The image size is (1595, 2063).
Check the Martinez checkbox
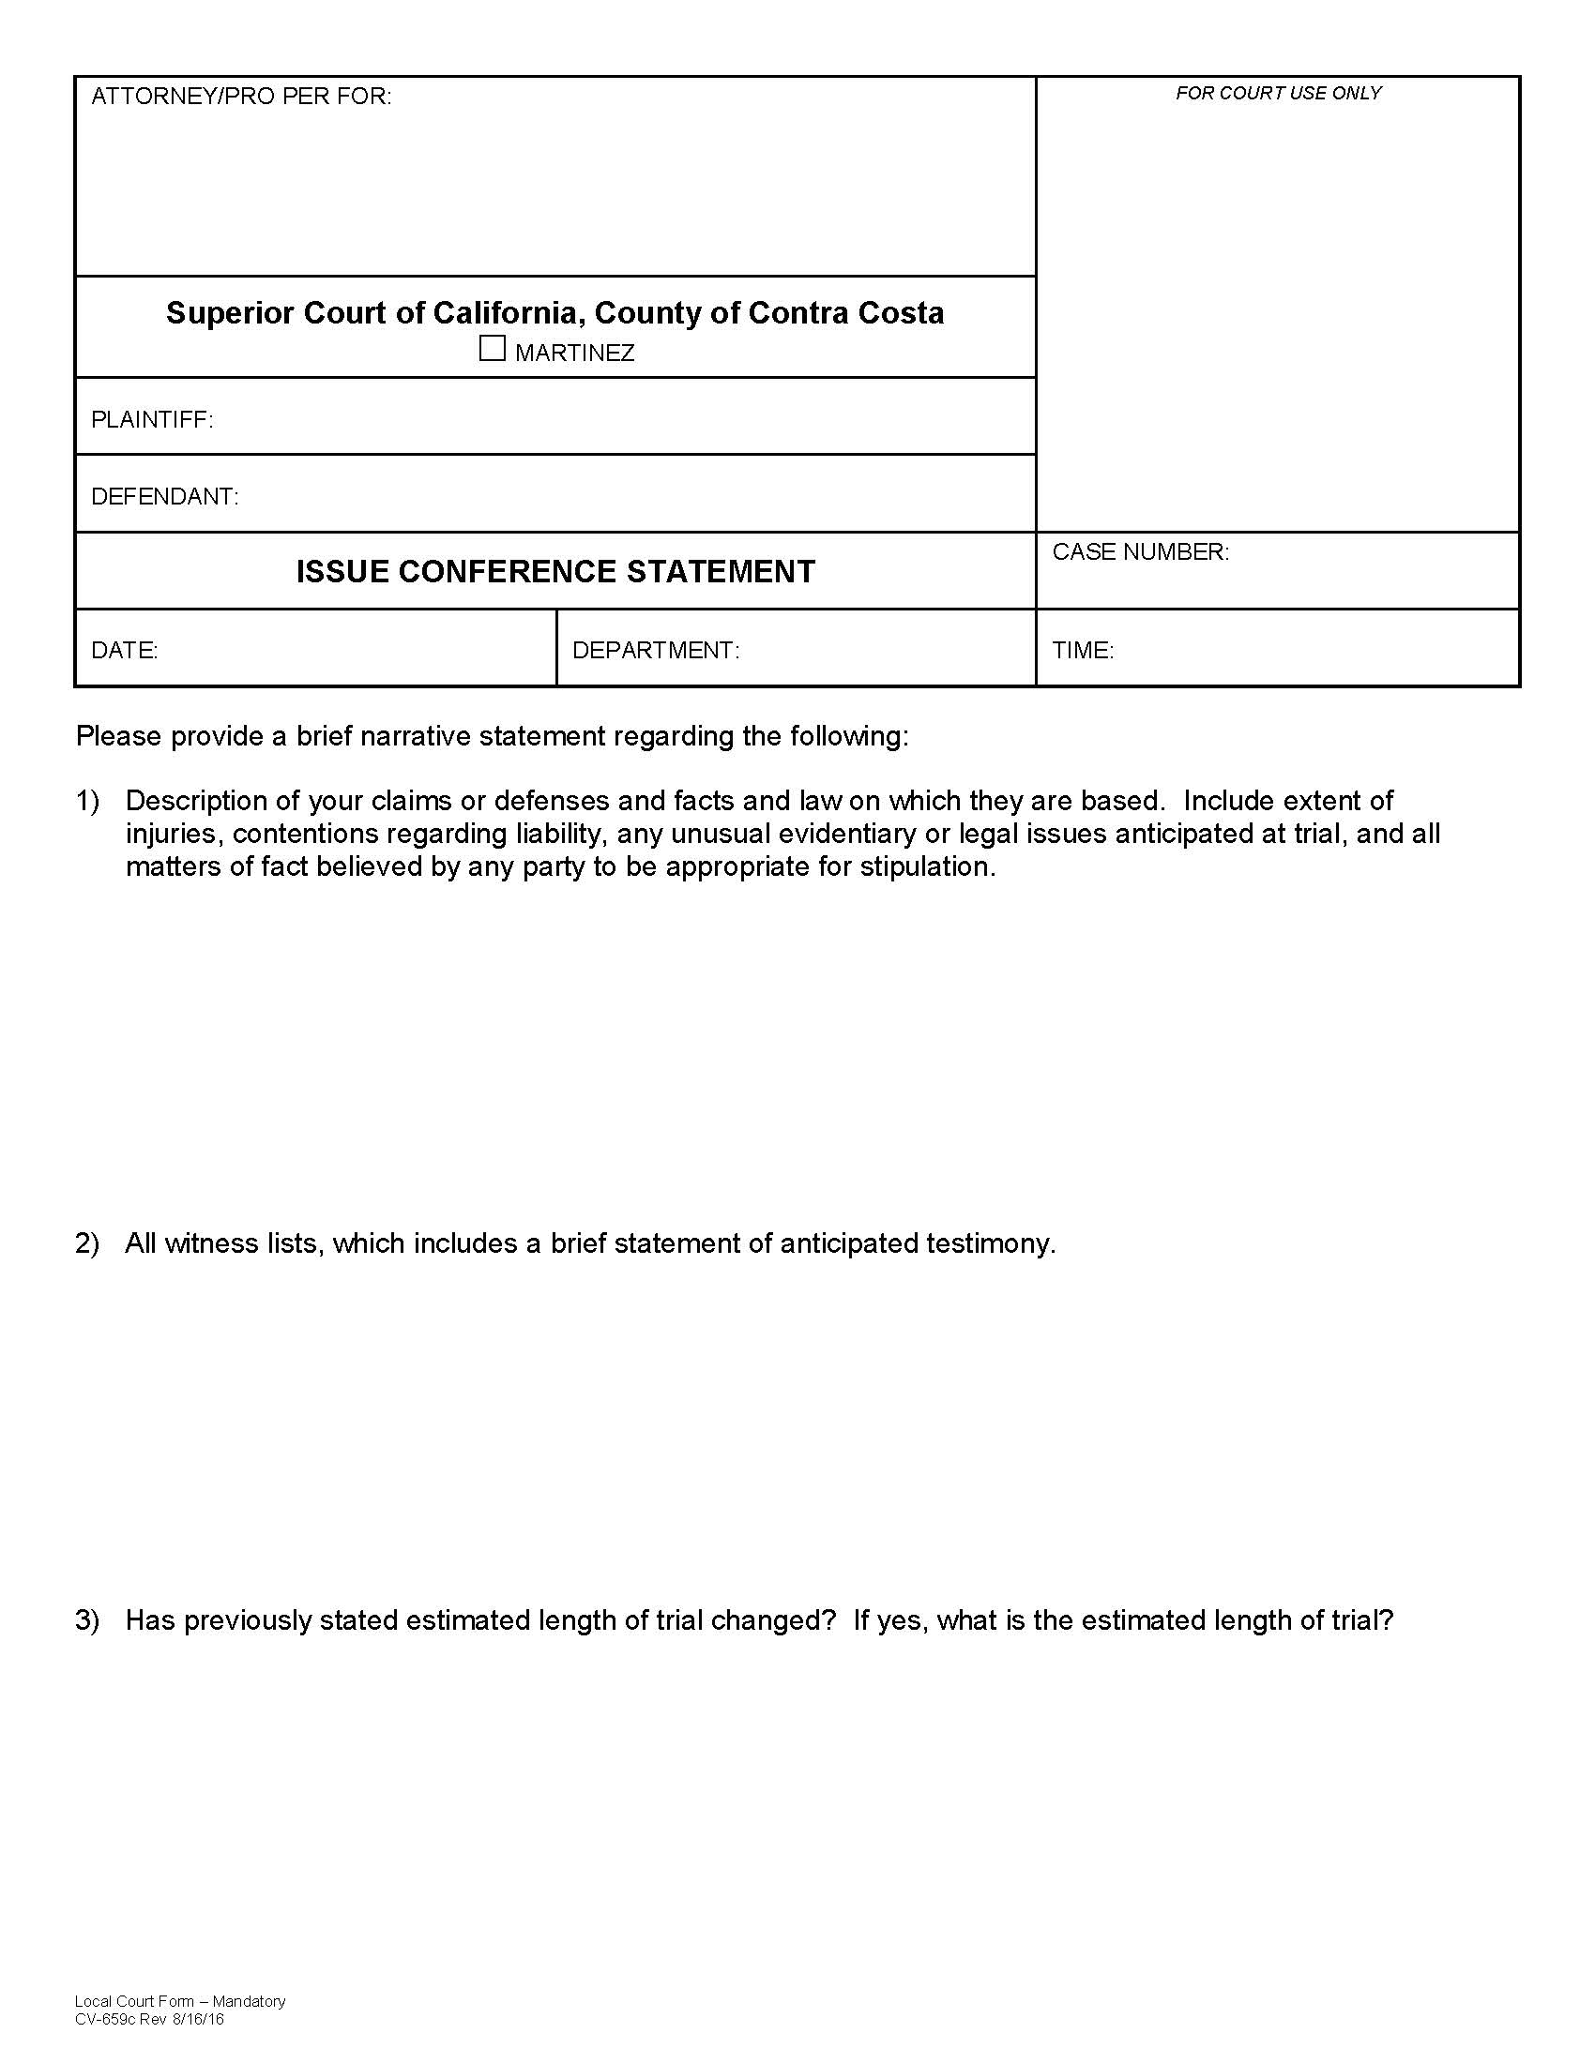coord(492,349)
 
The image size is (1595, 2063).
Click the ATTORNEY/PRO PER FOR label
coord(240,97)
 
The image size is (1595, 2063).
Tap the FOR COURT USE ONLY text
coord(1278,93)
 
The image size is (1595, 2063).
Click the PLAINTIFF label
coord(151,419)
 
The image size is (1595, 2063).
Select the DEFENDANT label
coord(164,497)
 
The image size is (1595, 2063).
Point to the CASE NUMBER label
coord(1140,552)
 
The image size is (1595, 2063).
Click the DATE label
coord(124,651)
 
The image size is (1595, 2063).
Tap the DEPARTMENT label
coord(655,651)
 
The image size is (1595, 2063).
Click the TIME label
coord(1082,651)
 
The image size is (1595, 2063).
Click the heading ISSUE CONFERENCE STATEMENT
coord(555,572)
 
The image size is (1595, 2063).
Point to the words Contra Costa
coord(845,313)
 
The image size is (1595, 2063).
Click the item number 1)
coord(87,801)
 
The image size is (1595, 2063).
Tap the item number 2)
coord(87,1243)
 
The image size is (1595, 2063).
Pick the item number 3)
coord(87,1621)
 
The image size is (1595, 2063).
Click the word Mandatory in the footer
coord(249,2002)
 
